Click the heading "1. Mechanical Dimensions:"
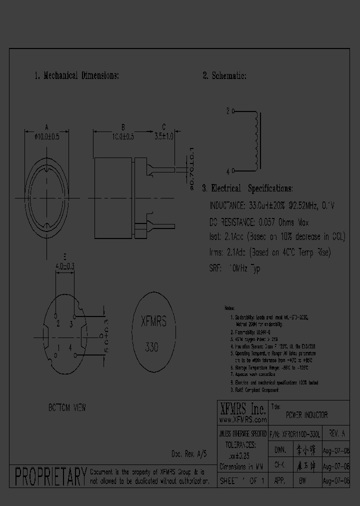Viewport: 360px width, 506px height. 76,76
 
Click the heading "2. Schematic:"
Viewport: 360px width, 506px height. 224,76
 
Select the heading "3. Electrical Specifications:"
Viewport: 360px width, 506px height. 247,188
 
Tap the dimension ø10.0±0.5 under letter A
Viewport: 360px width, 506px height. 46,136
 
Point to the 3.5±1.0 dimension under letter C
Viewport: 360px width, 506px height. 164,136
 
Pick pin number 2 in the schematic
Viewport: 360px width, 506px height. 228,111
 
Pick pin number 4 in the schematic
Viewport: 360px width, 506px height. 228,171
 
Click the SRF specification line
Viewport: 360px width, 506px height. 234,268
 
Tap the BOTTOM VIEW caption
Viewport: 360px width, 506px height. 67,407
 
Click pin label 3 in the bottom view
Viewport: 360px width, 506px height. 71,323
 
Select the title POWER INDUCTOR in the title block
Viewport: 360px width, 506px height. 306,415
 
